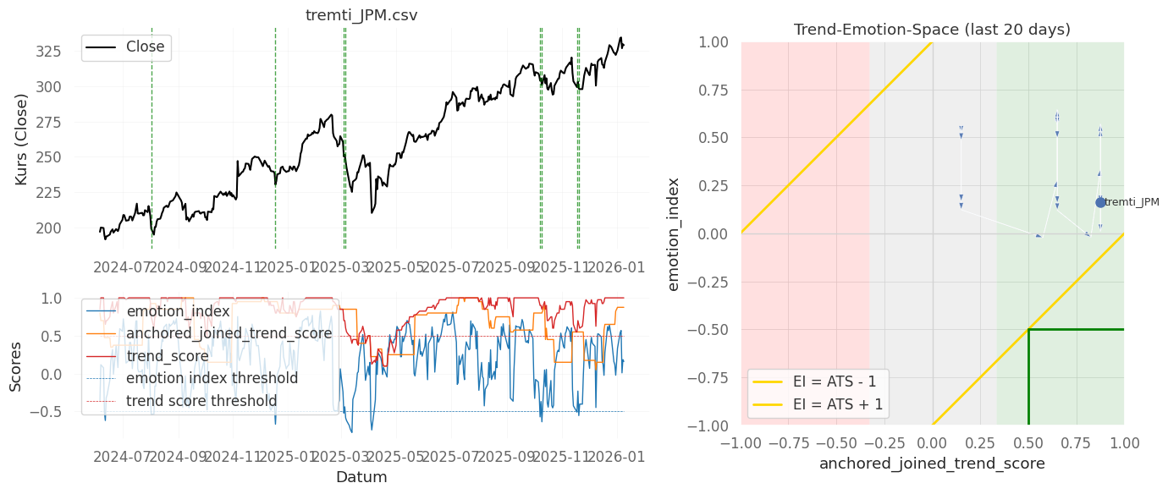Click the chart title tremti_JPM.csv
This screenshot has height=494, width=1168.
point(361,16)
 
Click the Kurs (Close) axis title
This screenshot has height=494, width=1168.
point(22,140)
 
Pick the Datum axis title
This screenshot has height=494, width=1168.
point(361,477)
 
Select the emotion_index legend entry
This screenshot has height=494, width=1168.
point(178,311)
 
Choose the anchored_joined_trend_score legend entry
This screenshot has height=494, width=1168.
point(229,333)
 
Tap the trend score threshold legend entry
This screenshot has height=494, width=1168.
point(201,400)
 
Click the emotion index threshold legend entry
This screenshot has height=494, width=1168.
point(212,378)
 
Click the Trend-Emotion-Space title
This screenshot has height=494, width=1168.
point(932,30)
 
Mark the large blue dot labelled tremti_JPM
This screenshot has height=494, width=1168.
point(1100,202)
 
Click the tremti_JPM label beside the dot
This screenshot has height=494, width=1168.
point(1132,202)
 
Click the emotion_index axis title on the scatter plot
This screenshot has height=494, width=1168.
point(674,233)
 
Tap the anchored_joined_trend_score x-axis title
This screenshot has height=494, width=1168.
point(932,464)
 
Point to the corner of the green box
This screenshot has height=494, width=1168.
point(1028,329)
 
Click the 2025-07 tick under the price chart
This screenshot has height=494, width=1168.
point(449,268)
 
